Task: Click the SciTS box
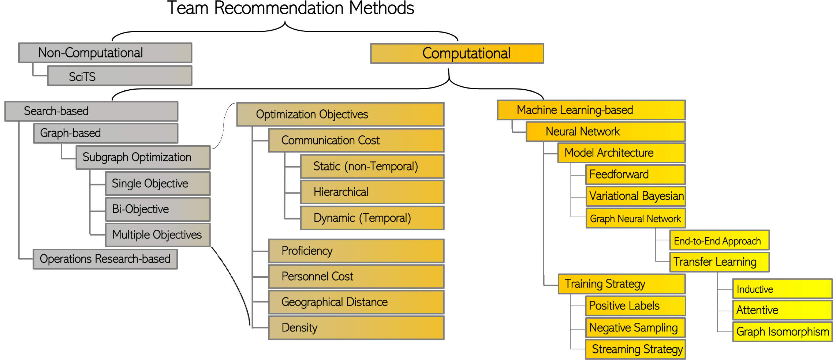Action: (x=120, y=76)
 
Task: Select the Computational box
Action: (x=457, y=53)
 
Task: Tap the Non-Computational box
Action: (x=105, y=53)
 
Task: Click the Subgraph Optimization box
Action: (x=143, y=157)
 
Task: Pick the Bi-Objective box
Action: (x=158, y=209)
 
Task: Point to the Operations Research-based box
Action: (x=105, y=259)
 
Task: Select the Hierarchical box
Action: (x=372, y=192)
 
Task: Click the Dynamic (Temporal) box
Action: (x=372, y=218)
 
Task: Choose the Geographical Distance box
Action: (x=356, y=302)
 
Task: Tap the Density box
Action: (x=356, y=328)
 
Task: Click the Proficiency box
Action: (x=356, y=251)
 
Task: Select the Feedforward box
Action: (x=635, y=175)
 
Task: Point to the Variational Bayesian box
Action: (x=635, y=196)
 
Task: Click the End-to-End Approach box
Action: (x=719, y=241)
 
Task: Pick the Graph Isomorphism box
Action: (x=782, y=331)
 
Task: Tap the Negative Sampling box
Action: (x=635, y=328)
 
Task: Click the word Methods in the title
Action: (x=382, y=8)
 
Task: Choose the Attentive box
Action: (x=782, y=310)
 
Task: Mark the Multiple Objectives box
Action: (x=158, y=235)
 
